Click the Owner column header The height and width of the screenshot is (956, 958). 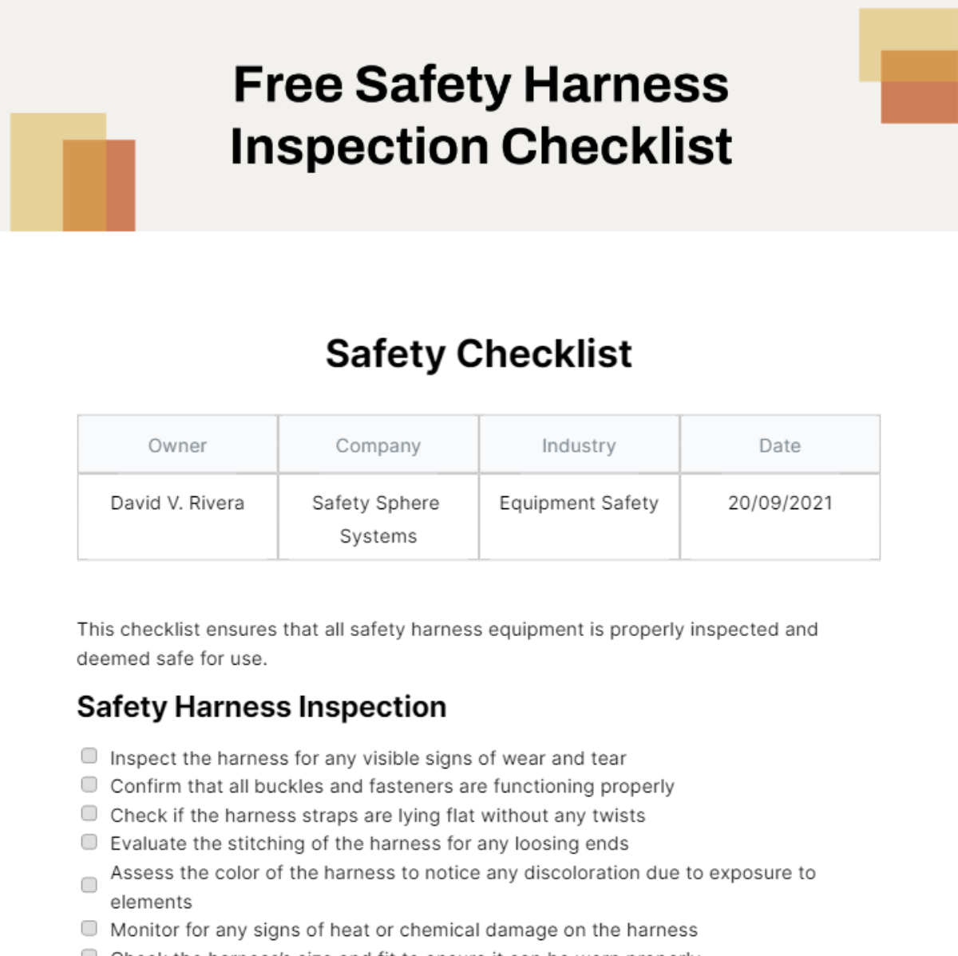tap(177, 445)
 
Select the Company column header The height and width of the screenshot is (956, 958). tap(378, 445)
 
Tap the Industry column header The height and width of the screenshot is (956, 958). tap(579, 445)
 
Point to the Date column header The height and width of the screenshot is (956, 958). tap(779, 445)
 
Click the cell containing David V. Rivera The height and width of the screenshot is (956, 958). tap(177, 503)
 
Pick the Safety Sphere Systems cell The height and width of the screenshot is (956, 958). tap(378, 519)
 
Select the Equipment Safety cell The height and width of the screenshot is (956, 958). tap(579, 503)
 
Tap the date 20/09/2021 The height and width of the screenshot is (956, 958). tap(779, 503)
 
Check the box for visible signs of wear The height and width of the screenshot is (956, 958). tap(89, 756)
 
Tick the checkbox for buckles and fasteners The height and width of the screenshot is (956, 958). tap(89, 784)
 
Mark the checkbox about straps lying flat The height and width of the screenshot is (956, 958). tap(89, 813)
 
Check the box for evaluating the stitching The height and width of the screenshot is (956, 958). tap(89, 842)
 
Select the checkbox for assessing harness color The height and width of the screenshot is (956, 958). tap(89, 885)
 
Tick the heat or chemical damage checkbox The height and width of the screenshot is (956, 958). tap(89, 928)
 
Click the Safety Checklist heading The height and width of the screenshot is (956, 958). tap(478, 354)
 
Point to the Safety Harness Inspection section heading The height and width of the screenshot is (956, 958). tap(261, 707)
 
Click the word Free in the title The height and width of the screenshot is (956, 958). tap(287, 85)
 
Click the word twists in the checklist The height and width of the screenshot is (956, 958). tap(618, 816)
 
